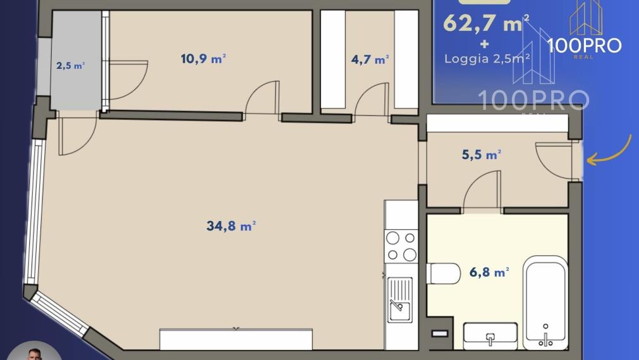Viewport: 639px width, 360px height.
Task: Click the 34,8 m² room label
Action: pyautogui.click(x=231, y=225)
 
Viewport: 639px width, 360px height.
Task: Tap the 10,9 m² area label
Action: pyautogui.click(x=204, y=59)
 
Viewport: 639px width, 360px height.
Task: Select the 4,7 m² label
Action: pyautogui.click(x=370, y=59)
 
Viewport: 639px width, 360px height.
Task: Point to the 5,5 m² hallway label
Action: pyautogui.click(x=481, y=154)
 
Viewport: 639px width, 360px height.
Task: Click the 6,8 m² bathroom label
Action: pyautogui.click(x=489, y=272)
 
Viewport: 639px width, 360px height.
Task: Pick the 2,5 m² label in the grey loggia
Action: pyautogui.click(x=70, y=65)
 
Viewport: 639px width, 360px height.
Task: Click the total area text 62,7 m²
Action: pyautogui.click(x=486, y=23)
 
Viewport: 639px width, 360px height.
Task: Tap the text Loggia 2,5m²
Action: pyautogui.click(x=487, y=59)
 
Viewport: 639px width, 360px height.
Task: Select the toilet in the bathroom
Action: pyautogui.click(x=443, y=273)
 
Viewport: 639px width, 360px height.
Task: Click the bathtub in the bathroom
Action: pyautogui.click(x=545, y=302)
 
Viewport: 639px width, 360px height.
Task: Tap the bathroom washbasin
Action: pyautogui.click(x=490, y=336)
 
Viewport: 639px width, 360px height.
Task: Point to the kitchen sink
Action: pyautogui.click(x=399, y=299)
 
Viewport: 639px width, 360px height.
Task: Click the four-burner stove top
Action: pyautogui.click(x=401, y=246)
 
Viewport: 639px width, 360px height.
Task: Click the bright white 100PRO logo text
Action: pyautogui.click(x=585, y=45)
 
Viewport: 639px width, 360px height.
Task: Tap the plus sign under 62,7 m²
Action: pyautogui.click(x=485, y=43)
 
